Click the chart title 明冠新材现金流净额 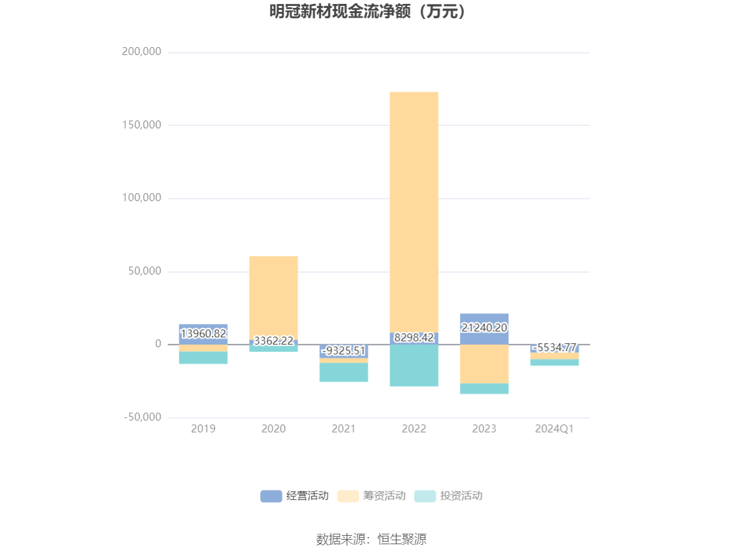click(x=340, y=11)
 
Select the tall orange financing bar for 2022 click(x=413, y=212)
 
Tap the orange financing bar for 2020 click(x=273, y=298)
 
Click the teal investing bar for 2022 click(x=413, y=365)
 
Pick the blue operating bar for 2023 click(x=484, y=329)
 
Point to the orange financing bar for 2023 click(x=484, y=363)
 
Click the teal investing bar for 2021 click(x=343, y=372)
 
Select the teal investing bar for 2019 click(x=203, y=358)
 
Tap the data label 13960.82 click(x=203, y=333)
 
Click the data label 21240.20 click(x=484, y=327)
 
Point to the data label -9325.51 click(x=343, y=350)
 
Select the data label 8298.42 click(x=413, y=337)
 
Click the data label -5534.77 click(x=554, y=347)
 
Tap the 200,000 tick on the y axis click(x=142, y=51)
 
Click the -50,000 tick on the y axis click(x=142, y=417)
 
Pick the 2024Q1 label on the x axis click(x=554, y=428)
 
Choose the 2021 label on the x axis click(x=343, y=428)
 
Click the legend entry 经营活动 click(x=295, y=496)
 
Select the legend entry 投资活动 click(x=448, y=496)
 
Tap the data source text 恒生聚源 click(x=402, y=539)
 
